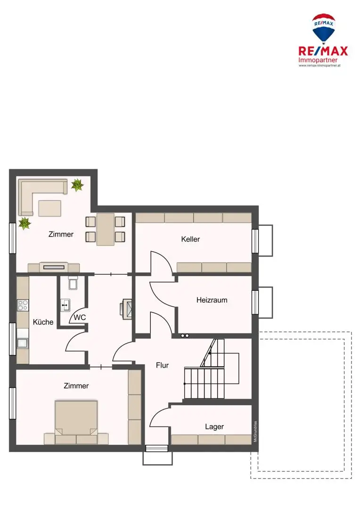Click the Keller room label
pos(190,239)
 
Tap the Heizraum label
pos(212,300)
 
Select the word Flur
pos(162,365)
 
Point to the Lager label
pos(214,427)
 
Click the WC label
pos(80,317)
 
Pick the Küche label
pos(43,322)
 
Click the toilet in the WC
pos(72,283)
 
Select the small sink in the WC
pos(65,304)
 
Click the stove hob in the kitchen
pos(23,305)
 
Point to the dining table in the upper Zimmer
pos(105,229)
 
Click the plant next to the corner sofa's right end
pos(77,185)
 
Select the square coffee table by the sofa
pos(49,207)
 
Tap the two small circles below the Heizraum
pos(184,336)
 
